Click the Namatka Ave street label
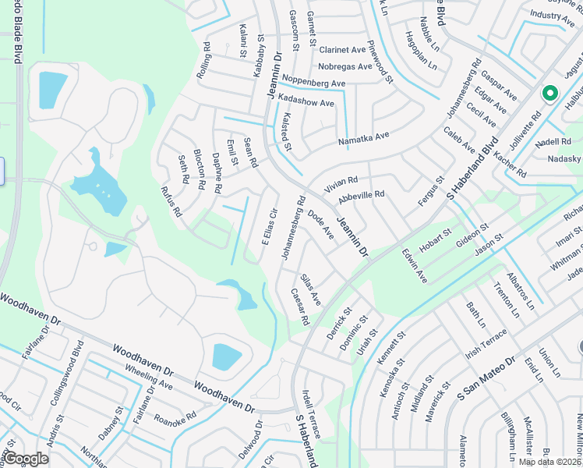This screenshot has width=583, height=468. point(362,138)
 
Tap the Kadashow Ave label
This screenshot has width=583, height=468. point(306,103)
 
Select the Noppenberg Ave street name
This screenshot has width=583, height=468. point(313,83)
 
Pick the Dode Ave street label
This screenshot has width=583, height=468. point(320,224)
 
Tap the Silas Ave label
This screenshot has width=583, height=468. point(310,289)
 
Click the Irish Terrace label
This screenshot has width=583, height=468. point(486,343)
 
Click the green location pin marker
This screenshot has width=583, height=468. point(549,93)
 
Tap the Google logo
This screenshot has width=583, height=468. point(26,459)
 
